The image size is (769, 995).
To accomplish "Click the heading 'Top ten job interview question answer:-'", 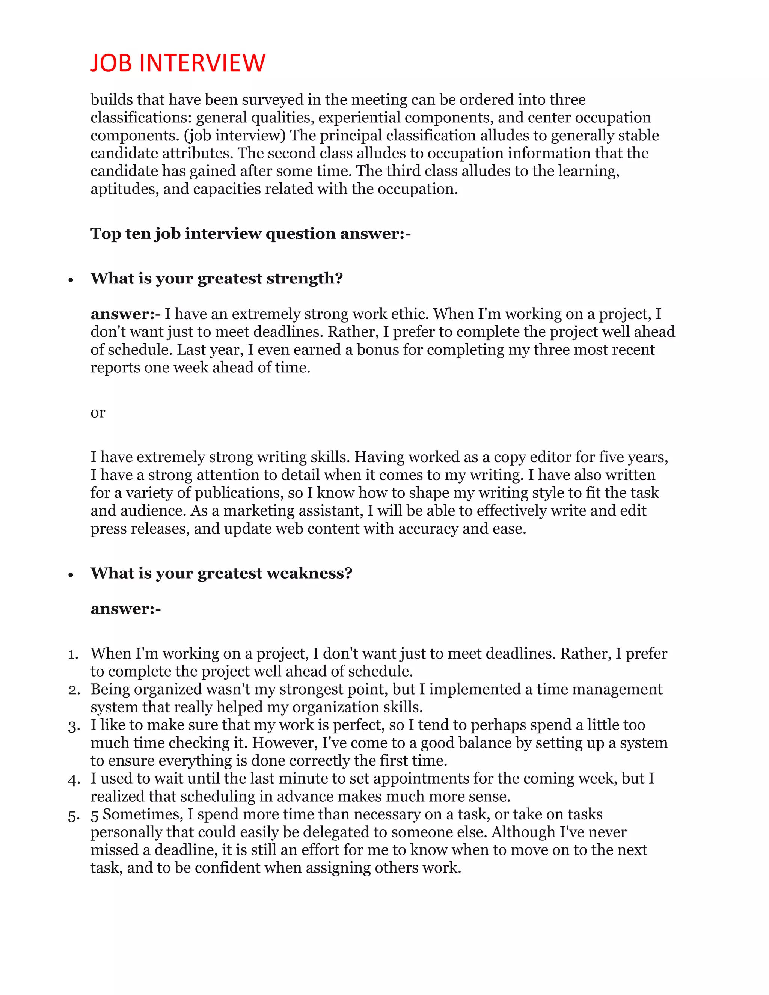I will click(250, 234).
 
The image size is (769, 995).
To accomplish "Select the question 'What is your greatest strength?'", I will click(216, 278).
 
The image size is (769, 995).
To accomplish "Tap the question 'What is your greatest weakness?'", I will click(222, 573).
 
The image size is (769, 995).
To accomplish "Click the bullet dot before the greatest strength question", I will click(71, 280).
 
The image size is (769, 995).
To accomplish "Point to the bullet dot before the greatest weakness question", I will click(71, 575).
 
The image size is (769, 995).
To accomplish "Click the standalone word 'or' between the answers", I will click(98, 412).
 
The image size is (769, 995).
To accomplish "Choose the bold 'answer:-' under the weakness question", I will click(126, 609).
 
